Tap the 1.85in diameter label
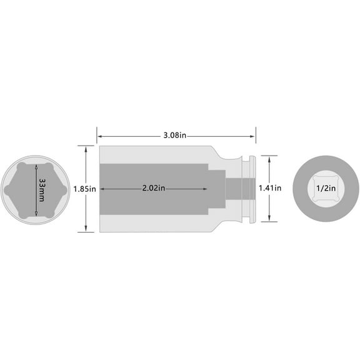point(83,189)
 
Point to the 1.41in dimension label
point(269,188)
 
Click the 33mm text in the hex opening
point(41,189)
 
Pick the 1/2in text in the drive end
point(323,188)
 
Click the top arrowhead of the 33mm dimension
point(36,166)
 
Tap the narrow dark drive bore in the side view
point(235,189)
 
